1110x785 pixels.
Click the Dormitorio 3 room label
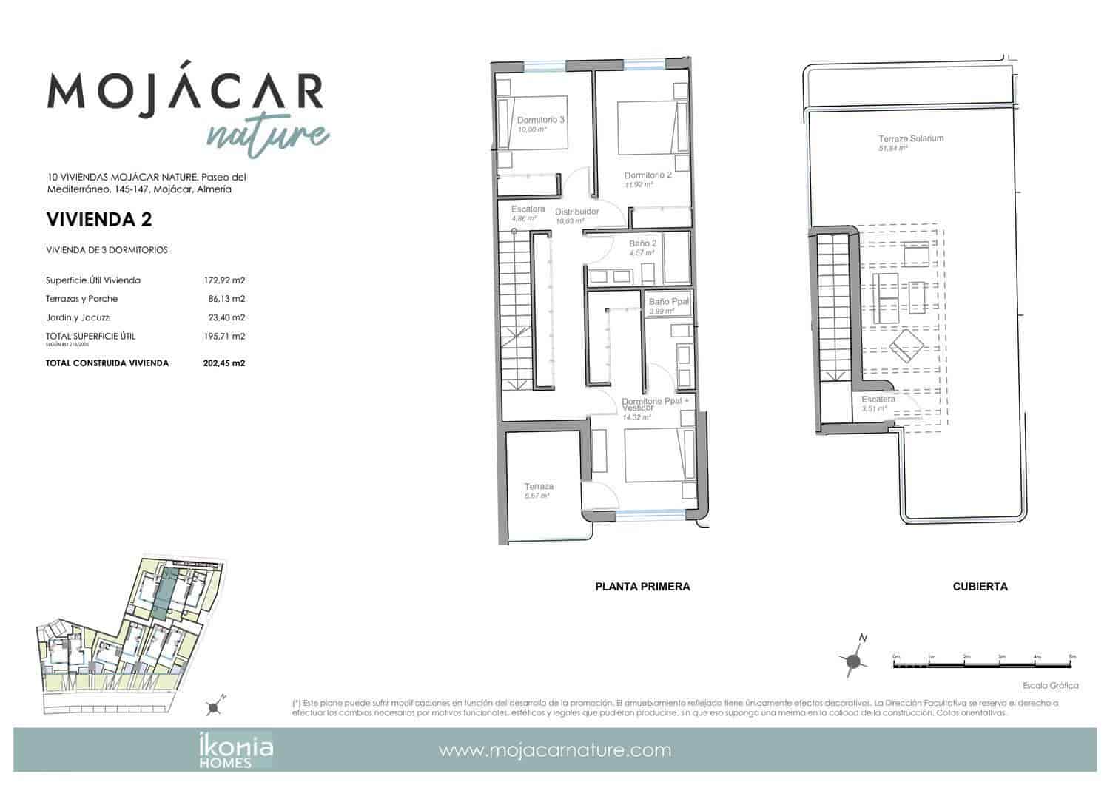tap(541, 120)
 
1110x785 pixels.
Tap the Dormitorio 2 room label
tap(647, 175)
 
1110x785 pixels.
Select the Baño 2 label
tap(643, 243)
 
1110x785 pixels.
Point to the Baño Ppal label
tap(669, 302)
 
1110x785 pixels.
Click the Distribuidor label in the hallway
tap(576, 212)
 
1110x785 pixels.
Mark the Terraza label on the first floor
tap(539, 487)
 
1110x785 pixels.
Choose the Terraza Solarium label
tap(911, 138)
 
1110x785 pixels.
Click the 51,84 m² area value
tap(893, 148)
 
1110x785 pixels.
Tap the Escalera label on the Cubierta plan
tap(878, 400)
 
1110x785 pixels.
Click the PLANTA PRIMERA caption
tap(642, 587)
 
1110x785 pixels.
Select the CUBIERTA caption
tap(980, 587)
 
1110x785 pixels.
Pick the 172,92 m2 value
tap(224, 280)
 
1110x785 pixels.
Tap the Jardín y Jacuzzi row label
tap(78, 317)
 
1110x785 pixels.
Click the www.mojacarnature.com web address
tap(555, 750)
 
